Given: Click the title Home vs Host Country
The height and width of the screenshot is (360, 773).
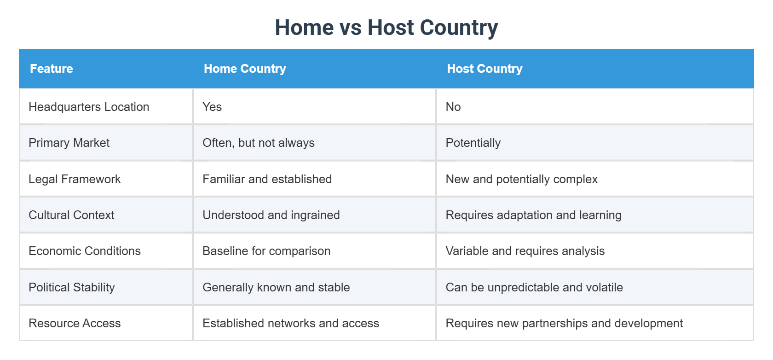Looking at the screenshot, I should [x=386, y=28].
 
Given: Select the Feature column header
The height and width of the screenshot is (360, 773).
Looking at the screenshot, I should [x=52, y=69].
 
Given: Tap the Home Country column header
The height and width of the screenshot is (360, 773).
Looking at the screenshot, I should [x=245, y=69].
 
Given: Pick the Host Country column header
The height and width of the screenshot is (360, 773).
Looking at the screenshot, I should [x=485, y=69].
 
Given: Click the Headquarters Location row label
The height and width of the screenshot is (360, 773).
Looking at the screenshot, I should [x=89, y=107].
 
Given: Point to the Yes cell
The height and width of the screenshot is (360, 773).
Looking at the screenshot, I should [x=212, y=107].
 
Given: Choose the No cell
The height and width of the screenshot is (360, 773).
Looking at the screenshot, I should [x=453, y=107].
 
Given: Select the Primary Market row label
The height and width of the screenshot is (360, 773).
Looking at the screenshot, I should [x=69, y=143].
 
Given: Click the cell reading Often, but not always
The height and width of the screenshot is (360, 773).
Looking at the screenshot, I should [x=259, y=143].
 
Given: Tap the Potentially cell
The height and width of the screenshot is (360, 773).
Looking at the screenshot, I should [x=473, y=143].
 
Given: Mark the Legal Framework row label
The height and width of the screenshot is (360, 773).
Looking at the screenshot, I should [x=75, y=179].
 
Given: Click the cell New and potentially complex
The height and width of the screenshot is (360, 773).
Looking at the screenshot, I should [x=521, y=179].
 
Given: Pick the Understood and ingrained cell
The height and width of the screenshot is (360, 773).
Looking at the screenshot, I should [x=271, y=215].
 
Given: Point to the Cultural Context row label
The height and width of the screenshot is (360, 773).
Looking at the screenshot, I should [x=71, y=215].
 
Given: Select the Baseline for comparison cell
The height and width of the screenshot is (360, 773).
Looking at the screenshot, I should [x=266, y=251].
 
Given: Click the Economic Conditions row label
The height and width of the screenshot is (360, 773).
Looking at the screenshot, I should [x=85, y=251].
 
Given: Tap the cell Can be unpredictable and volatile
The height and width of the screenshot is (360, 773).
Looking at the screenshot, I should [x=534, y=287].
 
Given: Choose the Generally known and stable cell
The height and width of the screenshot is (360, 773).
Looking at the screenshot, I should [x=276, y=287].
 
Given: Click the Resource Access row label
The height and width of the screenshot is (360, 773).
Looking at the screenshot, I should [x=75, y=323].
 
